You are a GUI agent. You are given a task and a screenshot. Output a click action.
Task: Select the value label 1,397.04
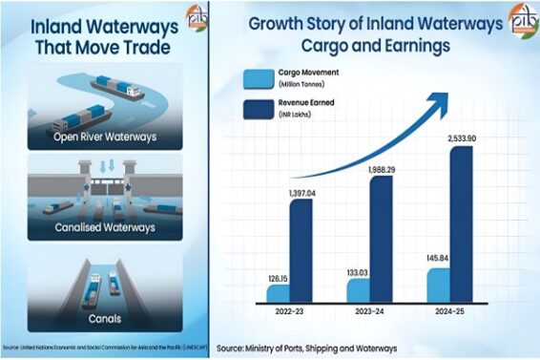(298, 194)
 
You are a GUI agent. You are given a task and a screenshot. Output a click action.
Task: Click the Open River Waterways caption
(106, 136)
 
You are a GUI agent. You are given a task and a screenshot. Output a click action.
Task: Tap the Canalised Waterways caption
(106, 230)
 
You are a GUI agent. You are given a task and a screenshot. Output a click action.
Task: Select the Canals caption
(106, 319)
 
